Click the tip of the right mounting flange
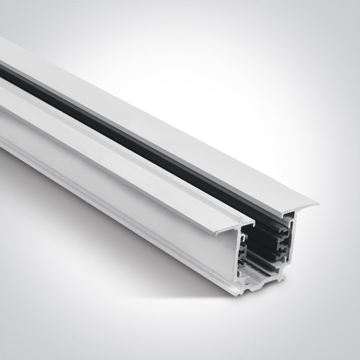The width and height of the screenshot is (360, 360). (315, 204)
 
